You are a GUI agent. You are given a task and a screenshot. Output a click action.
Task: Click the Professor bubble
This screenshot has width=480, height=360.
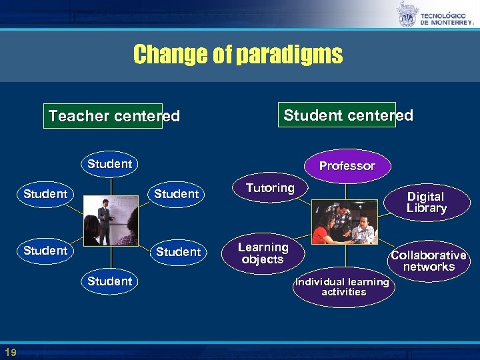click(x=347, y=166)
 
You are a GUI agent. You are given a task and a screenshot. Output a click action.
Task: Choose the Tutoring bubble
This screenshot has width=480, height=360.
click(x=270, y=189)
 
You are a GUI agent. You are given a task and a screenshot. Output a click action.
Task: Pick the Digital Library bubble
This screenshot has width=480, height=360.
click(x=426, y=202)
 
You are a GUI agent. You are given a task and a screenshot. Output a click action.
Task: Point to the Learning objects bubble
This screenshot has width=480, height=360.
click(x=263, y=253)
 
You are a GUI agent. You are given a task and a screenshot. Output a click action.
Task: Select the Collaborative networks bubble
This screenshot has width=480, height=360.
click(x=428, y=261)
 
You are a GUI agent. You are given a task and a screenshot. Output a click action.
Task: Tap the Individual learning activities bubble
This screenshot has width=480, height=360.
click(x=343, y=287)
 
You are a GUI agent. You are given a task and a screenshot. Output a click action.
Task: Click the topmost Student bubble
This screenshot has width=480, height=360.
click(x=109, y=164)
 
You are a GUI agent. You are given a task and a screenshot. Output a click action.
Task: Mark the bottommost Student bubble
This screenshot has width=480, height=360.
click(x=109, y=281)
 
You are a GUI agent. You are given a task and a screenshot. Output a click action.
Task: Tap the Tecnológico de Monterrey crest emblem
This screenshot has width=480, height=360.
click(x=407, y=15)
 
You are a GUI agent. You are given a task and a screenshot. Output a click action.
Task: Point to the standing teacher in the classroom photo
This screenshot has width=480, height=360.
click(x=103, y=220)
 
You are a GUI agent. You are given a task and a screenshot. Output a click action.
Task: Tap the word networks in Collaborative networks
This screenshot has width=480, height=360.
click(x=429, y=267)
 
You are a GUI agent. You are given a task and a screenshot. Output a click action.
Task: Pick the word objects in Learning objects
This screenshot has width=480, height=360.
click(x=263, y=259)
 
